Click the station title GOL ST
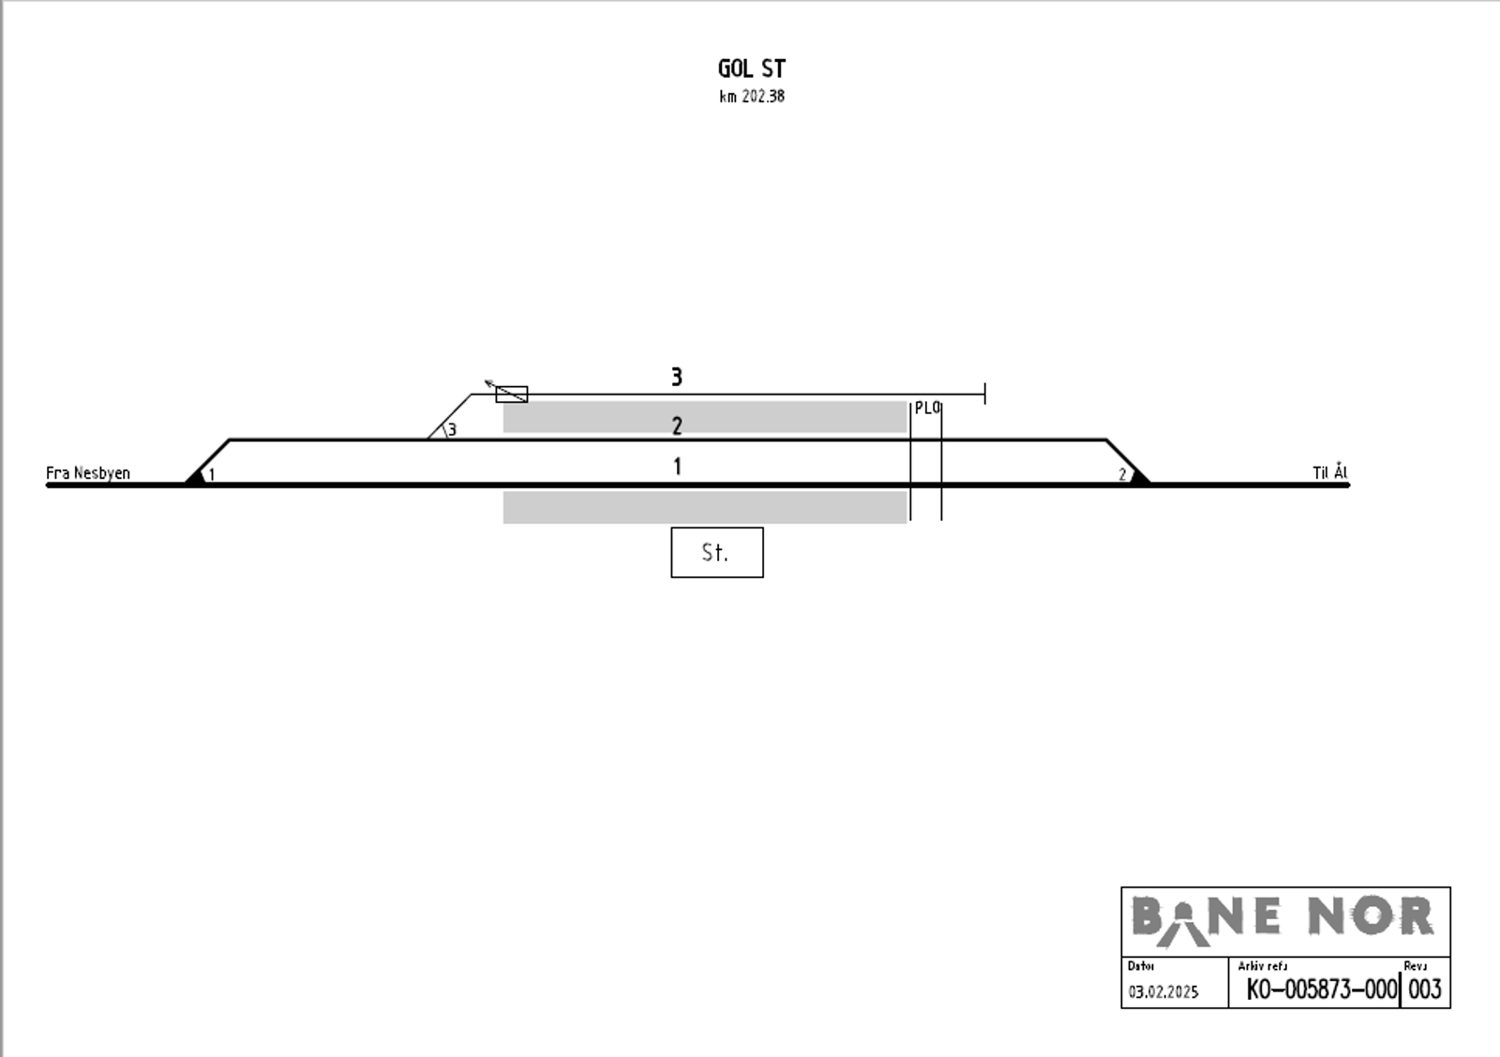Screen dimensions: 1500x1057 751,68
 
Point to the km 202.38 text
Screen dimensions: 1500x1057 752,97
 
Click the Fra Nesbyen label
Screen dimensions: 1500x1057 88,472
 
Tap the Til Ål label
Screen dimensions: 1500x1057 1330,472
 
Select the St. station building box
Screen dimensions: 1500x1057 717,552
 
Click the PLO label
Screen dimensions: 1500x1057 927,408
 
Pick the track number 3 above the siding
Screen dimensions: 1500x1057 677,377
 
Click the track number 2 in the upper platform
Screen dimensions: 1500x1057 677,425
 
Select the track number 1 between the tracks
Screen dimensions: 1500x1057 678,467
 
